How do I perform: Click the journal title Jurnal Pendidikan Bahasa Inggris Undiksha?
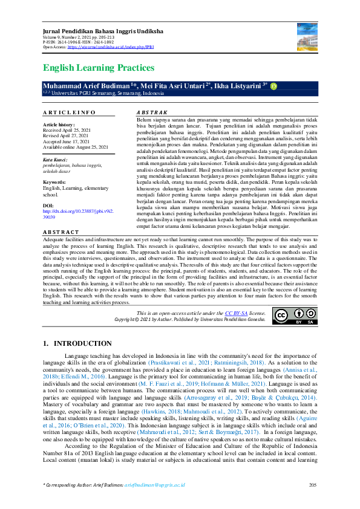click(97, 31)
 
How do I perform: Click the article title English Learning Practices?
click(99, 68)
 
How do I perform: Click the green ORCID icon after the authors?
click(273, 87)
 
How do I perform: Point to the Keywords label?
click(55, 182)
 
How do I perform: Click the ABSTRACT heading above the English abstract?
click(61, 232)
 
